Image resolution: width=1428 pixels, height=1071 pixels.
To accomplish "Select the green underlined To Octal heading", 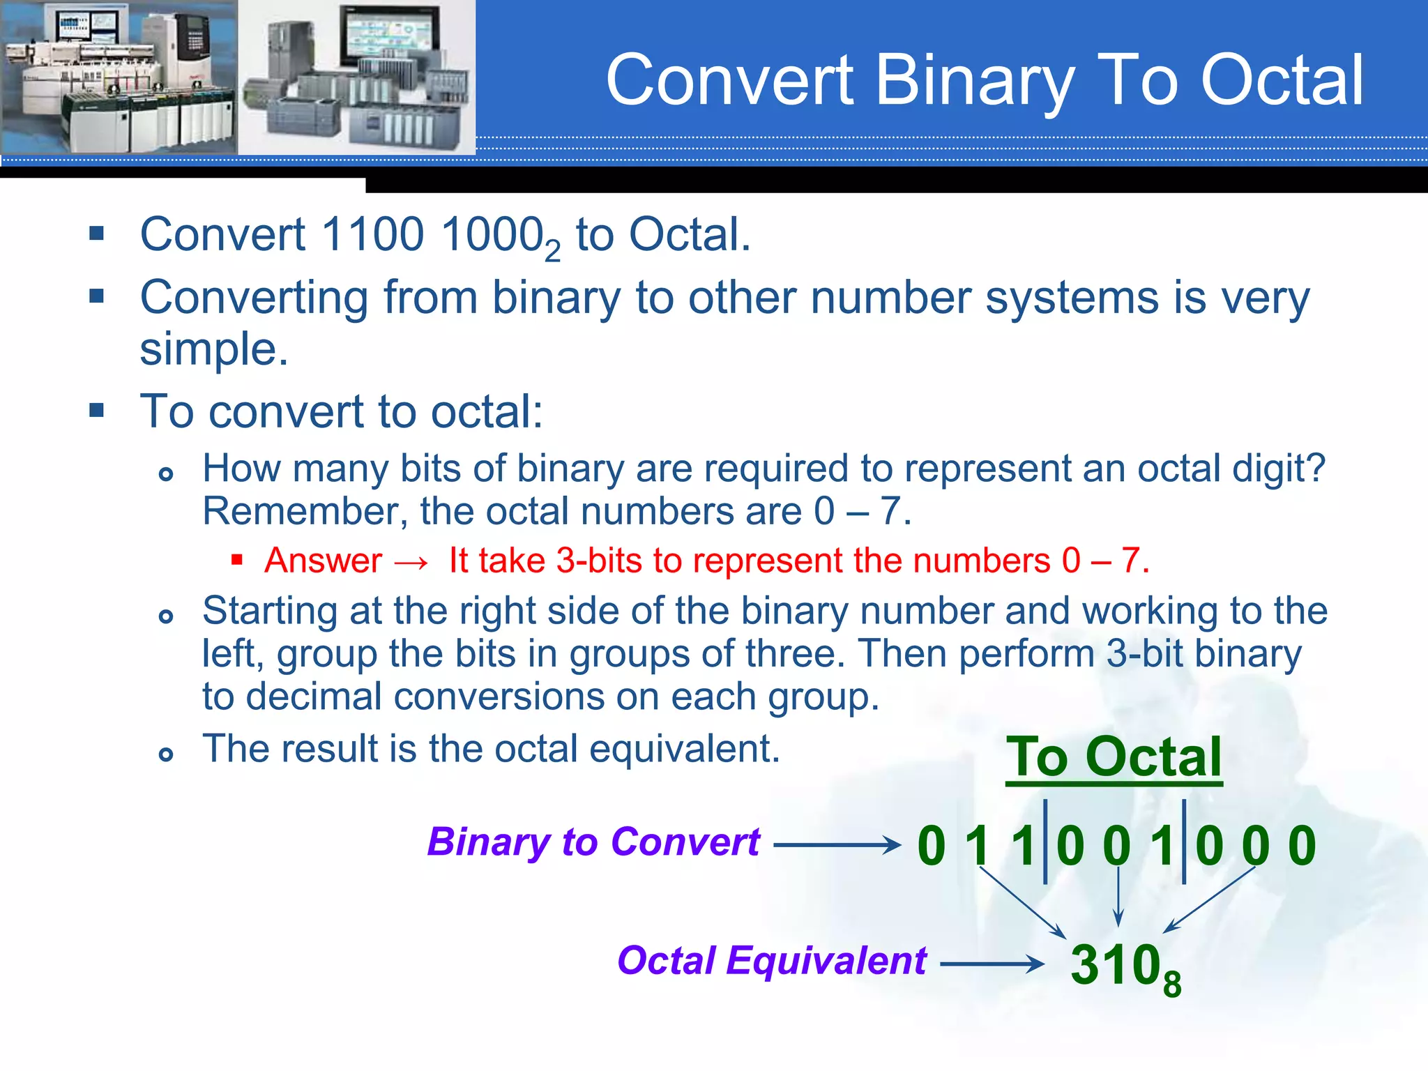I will (1114, 757).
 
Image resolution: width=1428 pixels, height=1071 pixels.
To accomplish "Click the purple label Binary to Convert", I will (593, 842).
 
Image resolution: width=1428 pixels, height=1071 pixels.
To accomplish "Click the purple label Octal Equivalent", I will (772, 961).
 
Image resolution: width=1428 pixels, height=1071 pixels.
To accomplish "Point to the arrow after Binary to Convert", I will (837, 845).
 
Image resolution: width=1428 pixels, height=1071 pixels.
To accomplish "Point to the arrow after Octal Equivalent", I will (992, 964).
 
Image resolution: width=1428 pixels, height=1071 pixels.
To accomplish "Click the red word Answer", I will (324, 561).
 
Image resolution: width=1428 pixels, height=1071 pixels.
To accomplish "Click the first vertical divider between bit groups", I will (1045, 842).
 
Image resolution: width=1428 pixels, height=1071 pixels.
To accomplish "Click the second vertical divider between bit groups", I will (1184, 842).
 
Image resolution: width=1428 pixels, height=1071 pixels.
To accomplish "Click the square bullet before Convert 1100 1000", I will (97, 233).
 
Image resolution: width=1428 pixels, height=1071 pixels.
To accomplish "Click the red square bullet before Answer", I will (237, 559).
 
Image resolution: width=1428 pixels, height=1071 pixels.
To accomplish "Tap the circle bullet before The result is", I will (165, 754).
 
